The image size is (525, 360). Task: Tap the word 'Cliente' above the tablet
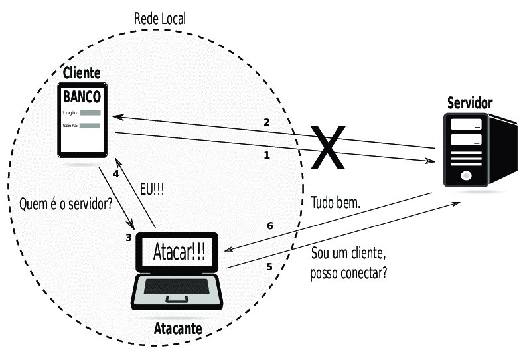[82, 73]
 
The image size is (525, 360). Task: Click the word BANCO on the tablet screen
[82, 96]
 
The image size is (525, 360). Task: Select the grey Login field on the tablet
[90, 114]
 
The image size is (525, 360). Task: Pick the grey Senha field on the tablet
[90, 126]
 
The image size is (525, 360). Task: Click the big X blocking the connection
[327, 147]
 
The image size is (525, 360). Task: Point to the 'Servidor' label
[470, 103]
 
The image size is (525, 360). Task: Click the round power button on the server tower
[465, 177]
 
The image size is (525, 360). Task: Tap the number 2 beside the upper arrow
[267, 122]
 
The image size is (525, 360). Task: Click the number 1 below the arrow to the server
[267, 156]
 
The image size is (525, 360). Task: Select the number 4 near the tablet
[115, 174]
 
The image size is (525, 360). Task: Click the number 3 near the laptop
[129, 237]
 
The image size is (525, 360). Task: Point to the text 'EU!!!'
[151, 189]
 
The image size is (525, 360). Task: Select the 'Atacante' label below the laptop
[177, 329]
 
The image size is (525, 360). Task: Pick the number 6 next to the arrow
[270, 226]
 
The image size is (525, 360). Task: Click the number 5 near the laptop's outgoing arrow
[269, 267]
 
